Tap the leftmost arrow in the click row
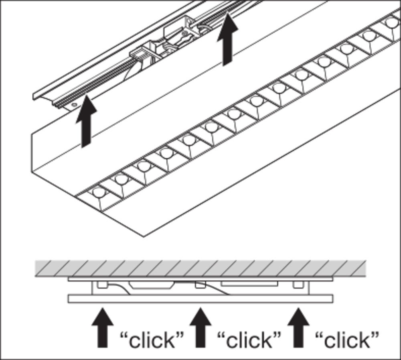(x=103, y=327)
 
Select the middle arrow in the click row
(x=200, y=327)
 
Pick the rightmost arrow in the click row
(x=298, y=327)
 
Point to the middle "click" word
(x=249, y=340)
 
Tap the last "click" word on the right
(x=347, y=340)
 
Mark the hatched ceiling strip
(x=200, y=268)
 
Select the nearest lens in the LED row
(x=98, y=193)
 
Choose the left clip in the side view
(x=103, y=285)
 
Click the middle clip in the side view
(x=200, y=285)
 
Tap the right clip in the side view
(x=298, y=285)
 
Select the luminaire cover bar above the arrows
(x=200, y=299)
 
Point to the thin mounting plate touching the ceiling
(x=200, y=279)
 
